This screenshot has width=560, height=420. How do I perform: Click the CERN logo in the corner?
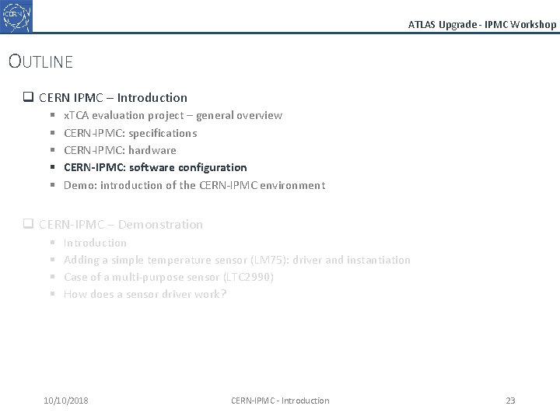pos(16,16)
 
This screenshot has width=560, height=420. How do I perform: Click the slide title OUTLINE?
pos(40,61)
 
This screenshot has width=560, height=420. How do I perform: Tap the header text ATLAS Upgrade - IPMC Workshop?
pos(482,24)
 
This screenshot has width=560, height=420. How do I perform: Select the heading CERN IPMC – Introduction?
pos(113,98)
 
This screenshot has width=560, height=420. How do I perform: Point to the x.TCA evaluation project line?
pos(173,115)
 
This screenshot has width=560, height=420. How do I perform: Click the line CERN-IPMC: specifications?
pos(130,133)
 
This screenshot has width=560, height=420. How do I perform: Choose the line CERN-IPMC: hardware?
pos(120,150)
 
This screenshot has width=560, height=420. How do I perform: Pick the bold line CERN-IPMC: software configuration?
pos(155,167)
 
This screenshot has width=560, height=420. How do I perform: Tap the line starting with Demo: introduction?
pos(194,185)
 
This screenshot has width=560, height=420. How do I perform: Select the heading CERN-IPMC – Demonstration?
pos(121,225)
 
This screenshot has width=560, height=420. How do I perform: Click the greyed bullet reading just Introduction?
pos(95,243)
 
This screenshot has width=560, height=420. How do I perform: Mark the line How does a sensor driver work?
pos(145,294)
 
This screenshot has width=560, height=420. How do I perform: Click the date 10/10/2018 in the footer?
pos(66,401)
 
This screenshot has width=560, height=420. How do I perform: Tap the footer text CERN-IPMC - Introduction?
pos(280,401)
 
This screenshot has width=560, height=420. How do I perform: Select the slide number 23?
pos(510,401)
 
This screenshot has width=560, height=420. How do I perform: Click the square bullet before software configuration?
pos(51,167)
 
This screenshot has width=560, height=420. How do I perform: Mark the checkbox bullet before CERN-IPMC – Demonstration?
pos(28,225)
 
